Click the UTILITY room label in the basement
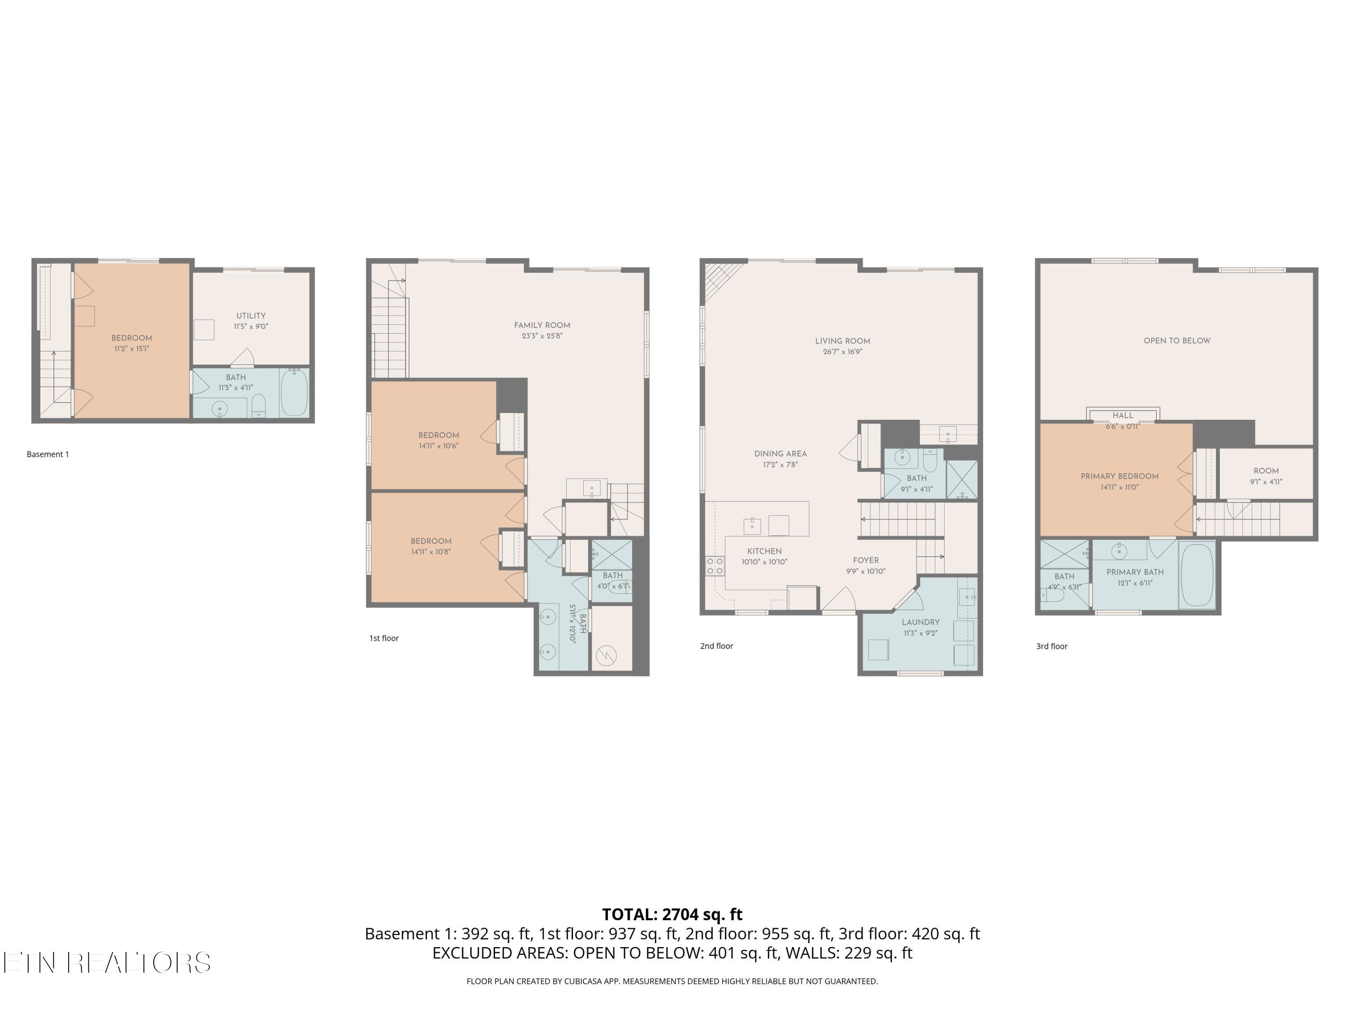point(251,316)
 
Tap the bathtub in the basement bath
point(294,392)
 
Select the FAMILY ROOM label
point(542,326)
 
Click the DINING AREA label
point(780,454)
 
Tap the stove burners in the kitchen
point(715,565)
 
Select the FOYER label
point(865,561)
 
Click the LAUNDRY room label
point(920,622)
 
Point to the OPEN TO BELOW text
point(1176,340)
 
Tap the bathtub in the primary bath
point(1197,575)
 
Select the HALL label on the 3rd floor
point(1123,415)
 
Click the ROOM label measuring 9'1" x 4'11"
point(1266,471)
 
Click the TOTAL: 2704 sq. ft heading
point(672,914)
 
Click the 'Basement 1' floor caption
point(48,454)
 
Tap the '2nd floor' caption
point(716,646)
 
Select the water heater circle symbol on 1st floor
point(606,655)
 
